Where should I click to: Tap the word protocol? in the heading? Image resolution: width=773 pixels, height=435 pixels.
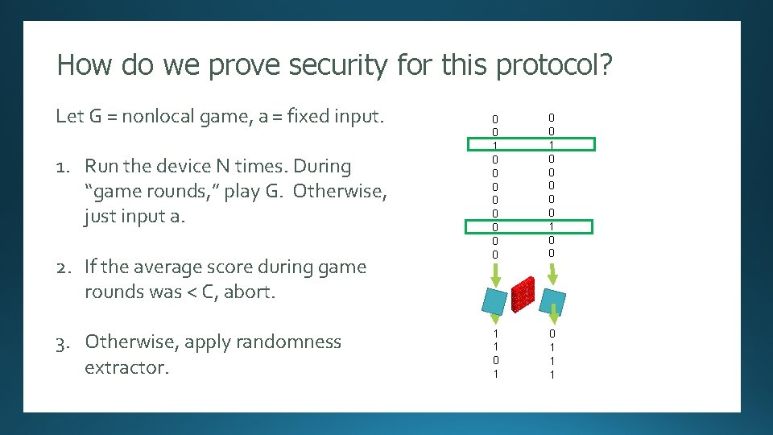point(555,64)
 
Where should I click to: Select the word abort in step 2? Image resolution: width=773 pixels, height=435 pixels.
point(249,292)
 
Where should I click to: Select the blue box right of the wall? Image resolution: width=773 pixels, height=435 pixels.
point(552,300)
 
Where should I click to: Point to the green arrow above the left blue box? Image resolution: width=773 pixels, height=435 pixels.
point(494,274)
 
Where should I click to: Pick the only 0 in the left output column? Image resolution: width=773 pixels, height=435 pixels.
point(495,361)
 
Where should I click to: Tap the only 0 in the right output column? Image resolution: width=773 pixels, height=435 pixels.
point(552,333)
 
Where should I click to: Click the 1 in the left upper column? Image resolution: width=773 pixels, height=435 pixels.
point(495,145)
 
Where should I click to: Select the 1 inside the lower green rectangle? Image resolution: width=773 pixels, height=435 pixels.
point(552,226)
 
